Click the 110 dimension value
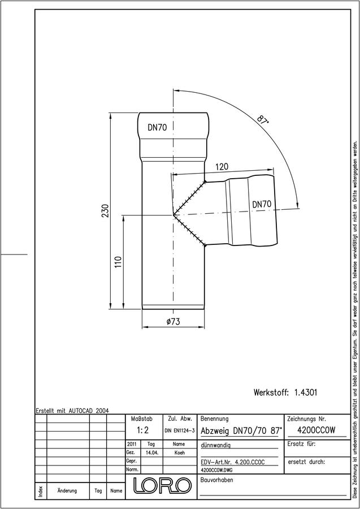tap(118, 262)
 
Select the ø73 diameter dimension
tap(173, 321)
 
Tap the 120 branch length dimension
tap(222, 167)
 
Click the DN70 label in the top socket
tap(157, 128)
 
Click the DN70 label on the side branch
tap(262, 204)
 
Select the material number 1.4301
tap(306, 392)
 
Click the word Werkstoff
tap(271, 392)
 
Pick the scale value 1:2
tap(142, 430)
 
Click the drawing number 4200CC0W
tap(316, 430)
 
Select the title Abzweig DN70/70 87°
tap(241, 431)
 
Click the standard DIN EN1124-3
tap(179, 431)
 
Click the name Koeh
tap(179, 452)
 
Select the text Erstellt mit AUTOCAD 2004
tap(72, 411)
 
